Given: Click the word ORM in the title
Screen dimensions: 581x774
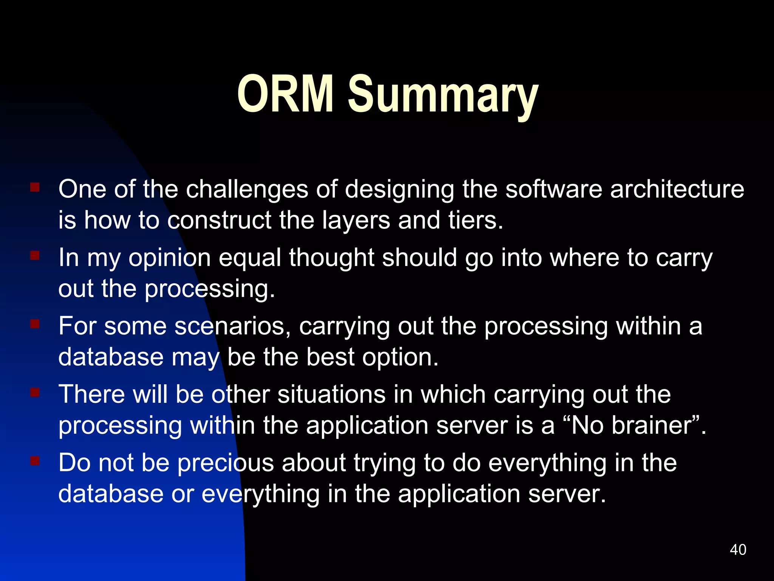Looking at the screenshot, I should coord(285,93).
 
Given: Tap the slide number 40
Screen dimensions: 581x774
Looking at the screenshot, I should coord(738,550).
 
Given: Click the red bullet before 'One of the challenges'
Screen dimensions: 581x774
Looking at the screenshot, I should coord(35,187).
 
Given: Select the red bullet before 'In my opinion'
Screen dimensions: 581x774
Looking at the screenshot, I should coord(35,256).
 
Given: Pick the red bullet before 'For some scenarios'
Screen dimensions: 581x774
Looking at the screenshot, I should coord(35,324).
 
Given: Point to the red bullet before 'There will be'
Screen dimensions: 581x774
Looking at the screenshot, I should coord(35,393).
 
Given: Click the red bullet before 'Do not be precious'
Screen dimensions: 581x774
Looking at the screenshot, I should coord(35,461).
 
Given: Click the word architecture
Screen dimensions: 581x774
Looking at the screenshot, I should coord(677,189).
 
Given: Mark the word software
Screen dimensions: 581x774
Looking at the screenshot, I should coord(554,189).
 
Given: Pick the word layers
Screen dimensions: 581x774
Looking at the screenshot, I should coord(356,221).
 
